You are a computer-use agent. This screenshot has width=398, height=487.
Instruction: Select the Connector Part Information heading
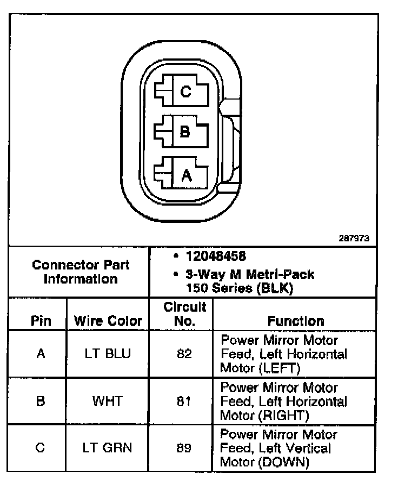[81, 272]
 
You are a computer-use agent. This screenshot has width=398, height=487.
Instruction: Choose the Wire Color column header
[108, 320]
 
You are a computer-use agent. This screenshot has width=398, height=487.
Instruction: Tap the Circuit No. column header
[184, 314]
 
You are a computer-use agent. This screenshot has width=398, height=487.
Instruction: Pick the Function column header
[296, 320]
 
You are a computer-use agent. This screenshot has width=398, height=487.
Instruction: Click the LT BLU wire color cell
[108, 354]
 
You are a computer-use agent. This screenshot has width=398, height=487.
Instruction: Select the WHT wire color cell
[108, 401]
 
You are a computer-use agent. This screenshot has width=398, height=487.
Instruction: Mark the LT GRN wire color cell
[108, 448]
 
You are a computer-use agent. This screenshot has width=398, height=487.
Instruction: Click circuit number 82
[184, 354]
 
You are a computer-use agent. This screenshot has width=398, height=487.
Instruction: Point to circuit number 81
[184, 401]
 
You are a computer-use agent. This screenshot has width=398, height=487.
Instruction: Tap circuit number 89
[184, 448]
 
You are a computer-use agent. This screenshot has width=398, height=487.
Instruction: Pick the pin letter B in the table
[41, 401]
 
